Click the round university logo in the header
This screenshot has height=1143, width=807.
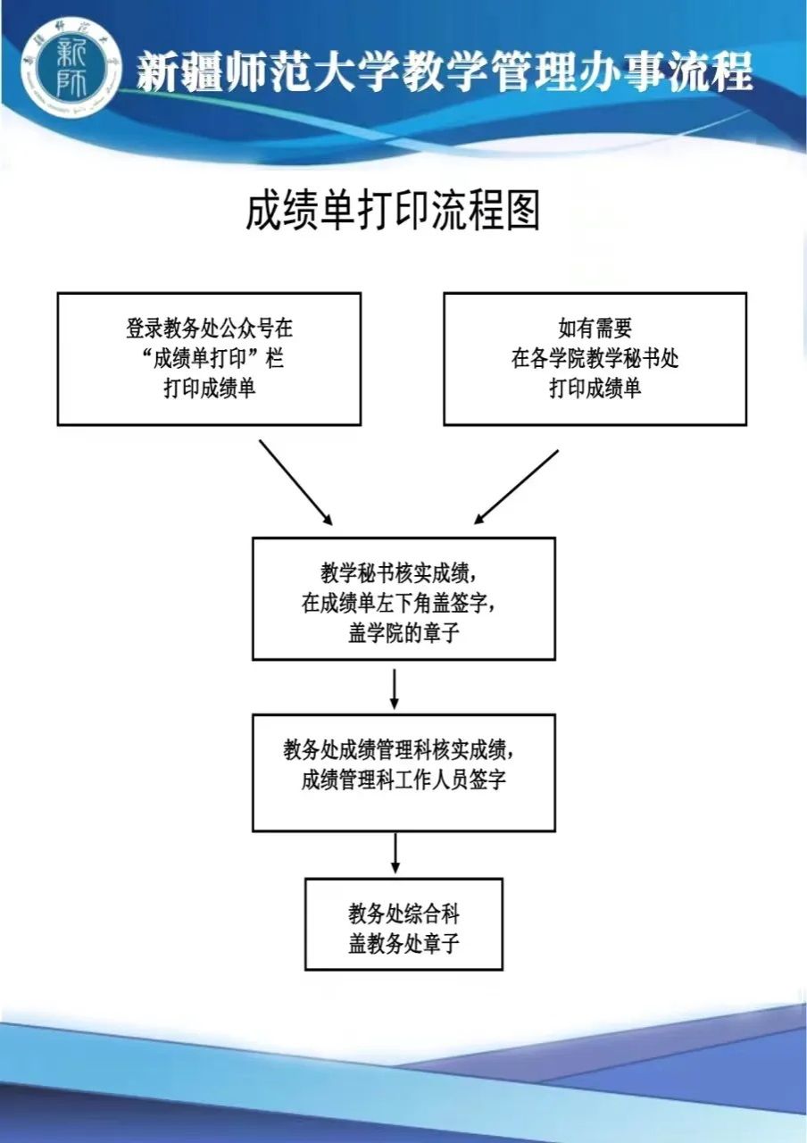[x=71, y=69]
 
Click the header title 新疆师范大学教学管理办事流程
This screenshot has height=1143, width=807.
[x=444, y=71]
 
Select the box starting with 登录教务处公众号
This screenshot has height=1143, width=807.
[x=209, y=359]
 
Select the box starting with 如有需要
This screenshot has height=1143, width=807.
[x=595, y=359]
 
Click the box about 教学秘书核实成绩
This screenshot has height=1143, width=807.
[x=403, y=598]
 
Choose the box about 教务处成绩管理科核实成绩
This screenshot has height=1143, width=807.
[x=403, y=772]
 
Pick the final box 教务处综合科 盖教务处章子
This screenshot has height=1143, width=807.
[x=403, y=924]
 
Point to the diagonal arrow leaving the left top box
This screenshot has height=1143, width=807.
[x=295, y=481]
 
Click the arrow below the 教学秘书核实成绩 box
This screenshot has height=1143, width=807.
[x=395, y=687]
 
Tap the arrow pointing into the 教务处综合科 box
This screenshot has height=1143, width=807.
[x=395, y=854]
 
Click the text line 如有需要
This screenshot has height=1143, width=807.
[x=595, y=328]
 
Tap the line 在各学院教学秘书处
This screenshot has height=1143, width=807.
[x=595, y=358]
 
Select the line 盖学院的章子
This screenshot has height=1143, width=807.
[x=403, y=633]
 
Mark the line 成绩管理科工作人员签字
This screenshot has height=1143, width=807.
[x=403, y=780]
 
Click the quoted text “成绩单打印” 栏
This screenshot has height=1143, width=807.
[x=209, y=359]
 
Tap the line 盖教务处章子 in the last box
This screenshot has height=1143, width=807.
[x=403, y=943]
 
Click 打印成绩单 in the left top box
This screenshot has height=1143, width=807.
[x=209, y=389]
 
